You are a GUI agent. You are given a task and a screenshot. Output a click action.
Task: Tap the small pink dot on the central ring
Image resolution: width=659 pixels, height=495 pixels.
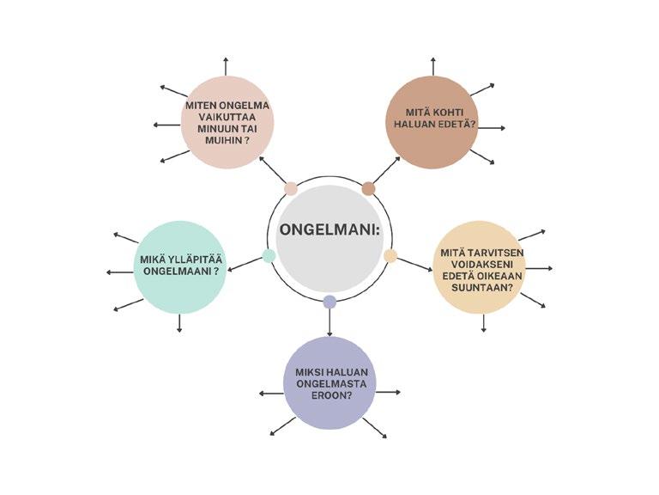click(x=291, y=188)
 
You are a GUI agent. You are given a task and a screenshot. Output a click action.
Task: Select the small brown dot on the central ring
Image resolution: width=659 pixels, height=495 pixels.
click(x=369, y=188)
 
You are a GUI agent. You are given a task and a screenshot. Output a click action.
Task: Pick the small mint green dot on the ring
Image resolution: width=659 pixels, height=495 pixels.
click(x=269, y=255)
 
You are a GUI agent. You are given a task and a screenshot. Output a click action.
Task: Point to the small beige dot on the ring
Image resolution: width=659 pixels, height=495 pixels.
click(x=390, y=255)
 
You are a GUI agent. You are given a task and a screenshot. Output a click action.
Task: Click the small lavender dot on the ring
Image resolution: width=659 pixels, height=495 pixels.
click(x=329, y=302)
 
